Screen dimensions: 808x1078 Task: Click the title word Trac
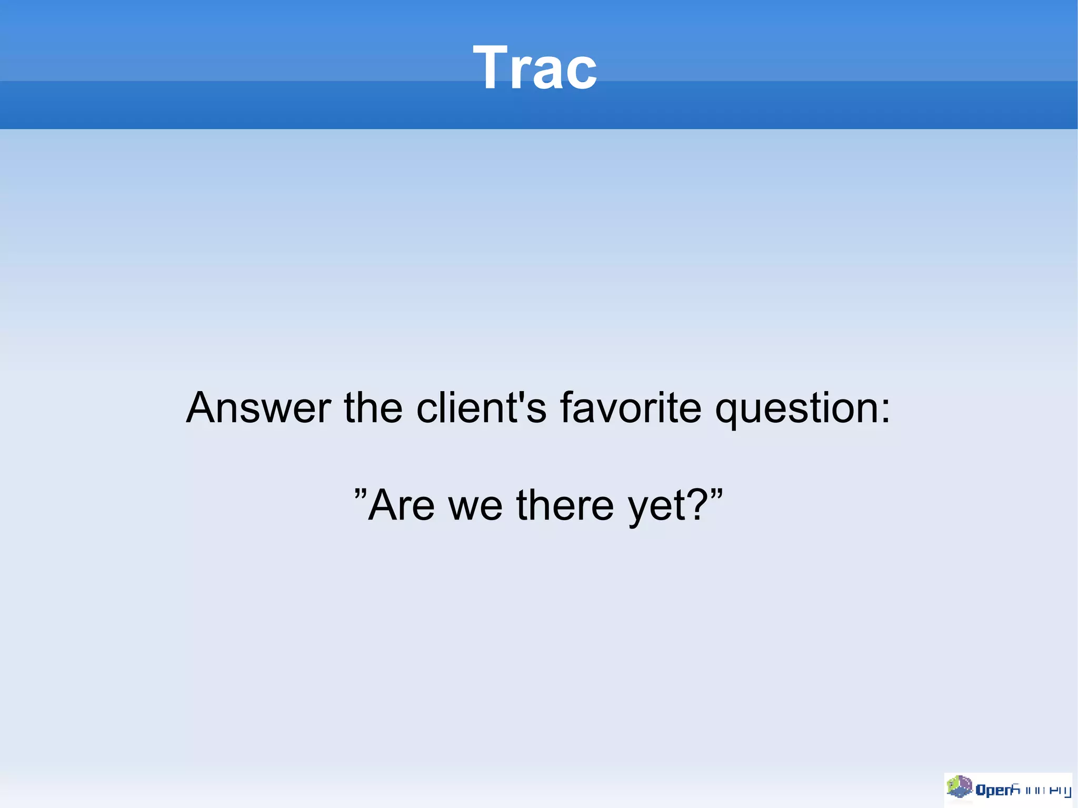(x=535, y=67)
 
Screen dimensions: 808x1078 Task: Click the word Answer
(x=258, y=407)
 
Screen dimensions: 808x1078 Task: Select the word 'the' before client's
(x=373, y=407)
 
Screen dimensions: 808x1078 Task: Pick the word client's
(x=481, y=407)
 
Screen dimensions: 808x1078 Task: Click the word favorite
(x=630, y=407)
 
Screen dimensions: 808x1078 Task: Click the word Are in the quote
(x=401, y=505)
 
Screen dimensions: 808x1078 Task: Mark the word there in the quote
(x=565, y=505)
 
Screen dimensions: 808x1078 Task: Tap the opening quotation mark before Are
(x=360, y=494)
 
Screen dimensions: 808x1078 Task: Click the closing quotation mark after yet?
(x=716, y=494)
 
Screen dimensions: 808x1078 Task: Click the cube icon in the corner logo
(x=960, y=787)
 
